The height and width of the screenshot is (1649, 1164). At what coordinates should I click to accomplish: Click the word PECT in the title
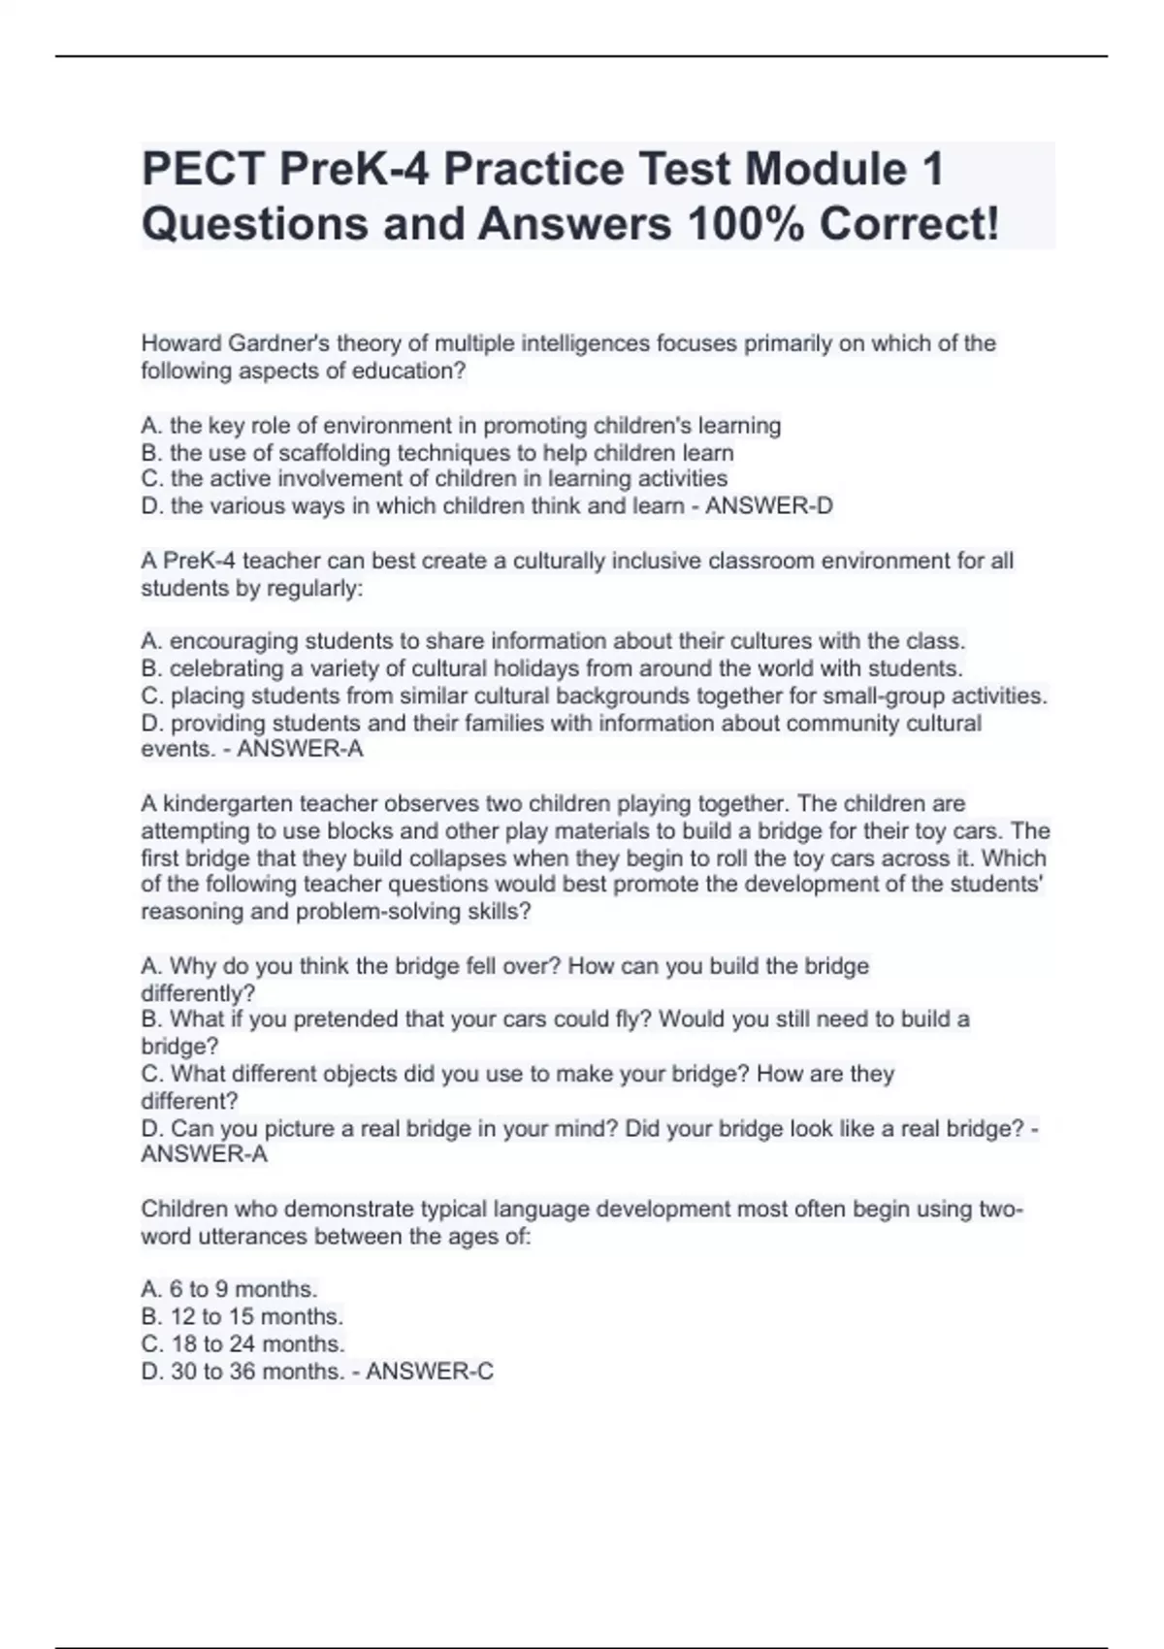click(203, 169)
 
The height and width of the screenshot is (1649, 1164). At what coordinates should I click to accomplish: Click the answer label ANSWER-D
click(768, 505)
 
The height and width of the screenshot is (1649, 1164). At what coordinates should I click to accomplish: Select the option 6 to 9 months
click(230, 1289)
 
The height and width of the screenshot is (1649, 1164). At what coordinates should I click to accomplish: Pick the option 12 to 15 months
click(242, 1316)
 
